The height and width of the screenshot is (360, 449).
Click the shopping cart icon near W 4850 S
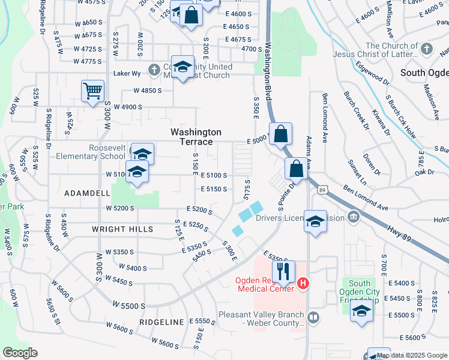(x=92, y=92)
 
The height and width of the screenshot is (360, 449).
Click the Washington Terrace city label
(x=196, y=137)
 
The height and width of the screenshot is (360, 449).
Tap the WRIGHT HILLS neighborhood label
(x=122, y=229)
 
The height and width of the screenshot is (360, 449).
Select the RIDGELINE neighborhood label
(x=161, y=322)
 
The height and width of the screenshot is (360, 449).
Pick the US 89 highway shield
(x=322, y=190)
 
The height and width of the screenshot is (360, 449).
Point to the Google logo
(x=20, y=352)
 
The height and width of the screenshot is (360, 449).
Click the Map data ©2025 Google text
(x=411, y=355)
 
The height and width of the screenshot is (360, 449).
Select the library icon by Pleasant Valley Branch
(x=312, y=317)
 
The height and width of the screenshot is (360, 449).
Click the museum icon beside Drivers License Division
(x=353, y=217)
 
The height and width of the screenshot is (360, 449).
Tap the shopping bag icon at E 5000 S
(x=280, y=134)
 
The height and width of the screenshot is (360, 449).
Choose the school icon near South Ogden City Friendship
(x=361, y=311)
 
